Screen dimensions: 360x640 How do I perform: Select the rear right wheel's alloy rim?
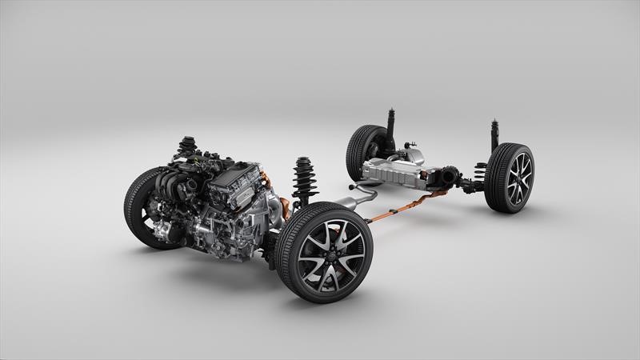coord(518,178)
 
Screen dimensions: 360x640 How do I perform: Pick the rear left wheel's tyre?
coord(358,150)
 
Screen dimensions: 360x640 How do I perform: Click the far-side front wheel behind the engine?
coord(142,206)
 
